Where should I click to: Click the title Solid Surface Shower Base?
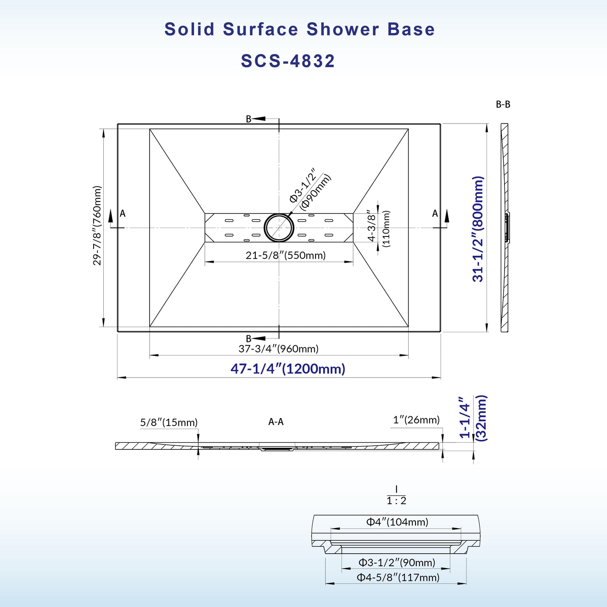tap(300, 29)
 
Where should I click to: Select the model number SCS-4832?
tap(288, 61)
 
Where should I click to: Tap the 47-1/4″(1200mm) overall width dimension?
tap(288, 369)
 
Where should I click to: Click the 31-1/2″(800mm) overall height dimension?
tap(478, 229)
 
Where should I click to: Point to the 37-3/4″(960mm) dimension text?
tap(279, 349)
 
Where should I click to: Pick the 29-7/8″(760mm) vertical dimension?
tap(97, 226)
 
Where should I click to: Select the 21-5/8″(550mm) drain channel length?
tap(286, 255)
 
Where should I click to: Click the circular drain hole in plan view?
tap(279, 227)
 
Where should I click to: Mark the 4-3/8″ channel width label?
tap(371, 226)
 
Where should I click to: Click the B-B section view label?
tap(503, 105)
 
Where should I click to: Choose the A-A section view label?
tap(276, 422)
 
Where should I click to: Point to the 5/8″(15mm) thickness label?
tap(169, 422)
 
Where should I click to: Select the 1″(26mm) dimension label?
tap(416, 420)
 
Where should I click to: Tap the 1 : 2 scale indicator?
tap(397, 501)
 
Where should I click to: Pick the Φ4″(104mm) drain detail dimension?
tap(397, 522)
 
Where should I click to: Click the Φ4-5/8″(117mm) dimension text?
tap(398, 577)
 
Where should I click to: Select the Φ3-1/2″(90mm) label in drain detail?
tap(397, 562)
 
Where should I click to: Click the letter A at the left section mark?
tap(123, 213)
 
